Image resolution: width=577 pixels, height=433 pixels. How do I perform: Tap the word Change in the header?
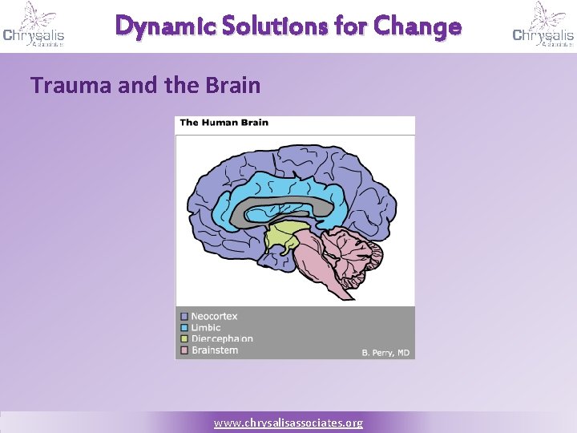pyautogui.click(x=418, y=26)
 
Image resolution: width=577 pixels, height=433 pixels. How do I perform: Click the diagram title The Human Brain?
pyautogui.click(x=224, y=123)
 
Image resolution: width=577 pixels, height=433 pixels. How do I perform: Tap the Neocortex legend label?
pyautogui.click(x=214, y=317)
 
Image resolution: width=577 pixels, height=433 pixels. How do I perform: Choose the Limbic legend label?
pyautogui.click(x=206, y=328)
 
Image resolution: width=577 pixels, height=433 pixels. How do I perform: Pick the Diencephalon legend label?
pyautogui.click(x=222, y=339)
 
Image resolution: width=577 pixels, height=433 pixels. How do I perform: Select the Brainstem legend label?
pyautogui.click(x=214, y=350)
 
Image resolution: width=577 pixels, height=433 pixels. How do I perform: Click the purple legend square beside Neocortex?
pyautogui.click(x=184, y=317)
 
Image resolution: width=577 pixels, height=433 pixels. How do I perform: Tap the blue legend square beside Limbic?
pyautogui.click(x=184, y=328)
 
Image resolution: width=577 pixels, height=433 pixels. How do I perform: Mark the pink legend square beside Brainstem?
pyautogui.click(x=184, y=350)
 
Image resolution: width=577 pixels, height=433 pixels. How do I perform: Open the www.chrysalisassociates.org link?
pyautogui.click(x=288, y=423)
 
